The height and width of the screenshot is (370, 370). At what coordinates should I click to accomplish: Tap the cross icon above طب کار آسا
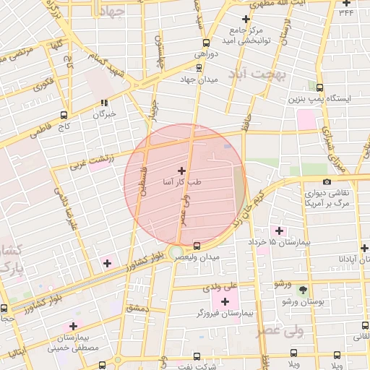(181, 171)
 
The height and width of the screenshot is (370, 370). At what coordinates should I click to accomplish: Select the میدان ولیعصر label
(199, 257)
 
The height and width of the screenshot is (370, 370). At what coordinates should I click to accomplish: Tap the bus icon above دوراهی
(207, 42)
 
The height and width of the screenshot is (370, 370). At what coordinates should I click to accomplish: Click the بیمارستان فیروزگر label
(227, 314)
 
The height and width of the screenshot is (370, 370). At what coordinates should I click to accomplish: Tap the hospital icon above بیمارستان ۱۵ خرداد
(278, 231)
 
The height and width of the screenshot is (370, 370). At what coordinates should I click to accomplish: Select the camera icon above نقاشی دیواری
(327, 182)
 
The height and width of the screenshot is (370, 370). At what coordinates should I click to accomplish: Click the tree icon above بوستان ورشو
(303, 290)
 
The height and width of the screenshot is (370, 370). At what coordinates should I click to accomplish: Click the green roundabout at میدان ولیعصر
(176, 252)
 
